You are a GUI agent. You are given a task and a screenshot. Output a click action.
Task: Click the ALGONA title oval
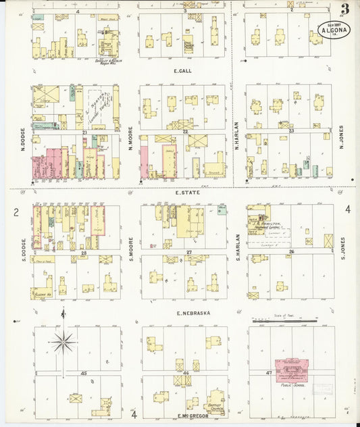click(x=330, y=30)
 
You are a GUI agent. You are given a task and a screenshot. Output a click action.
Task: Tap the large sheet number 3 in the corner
click(x=344, y=9)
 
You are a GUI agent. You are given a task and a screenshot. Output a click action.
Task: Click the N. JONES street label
click(x=341, y=136)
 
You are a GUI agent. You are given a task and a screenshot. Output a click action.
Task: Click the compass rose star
click(x=64, y=342)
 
